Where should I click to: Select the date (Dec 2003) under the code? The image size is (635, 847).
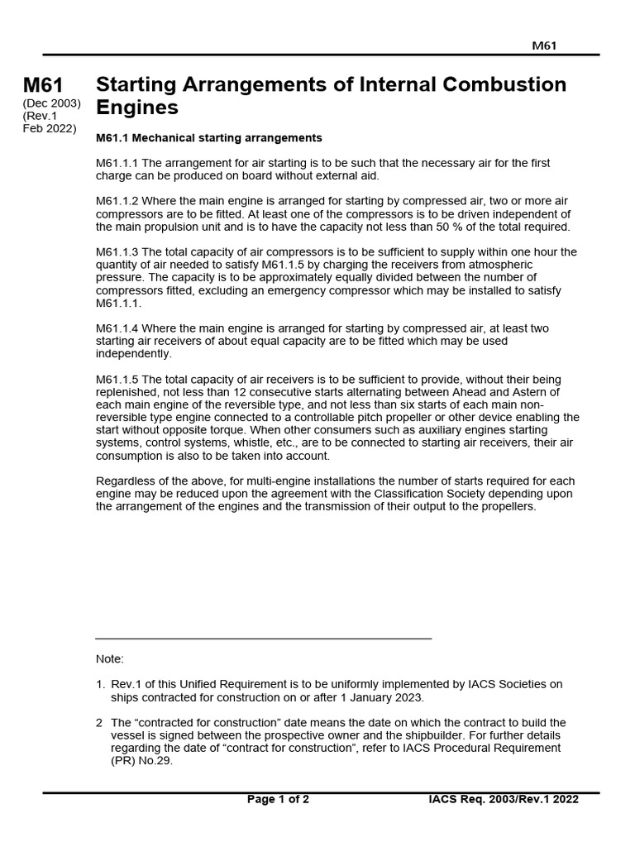(50, 103)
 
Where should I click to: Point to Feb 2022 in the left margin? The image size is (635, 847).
(50, 128)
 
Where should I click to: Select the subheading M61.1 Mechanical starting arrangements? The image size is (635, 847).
(208, 137)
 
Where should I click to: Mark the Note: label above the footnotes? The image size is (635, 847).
(110, 659)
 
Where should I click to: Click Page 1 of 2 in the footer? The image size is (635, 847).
(278, 799)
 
